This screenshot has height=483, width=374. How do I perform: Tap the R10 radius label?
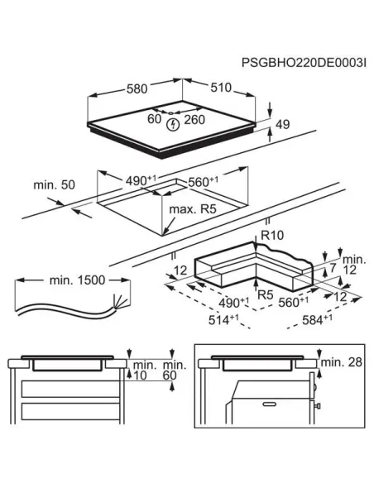271,235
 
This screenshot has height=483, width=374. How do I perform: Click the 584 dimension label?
334,318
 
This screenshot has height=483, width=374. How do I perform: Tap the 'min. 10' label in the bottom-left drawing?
144,370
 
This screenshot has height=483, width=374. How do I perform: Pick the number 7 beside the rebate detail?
332,266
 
